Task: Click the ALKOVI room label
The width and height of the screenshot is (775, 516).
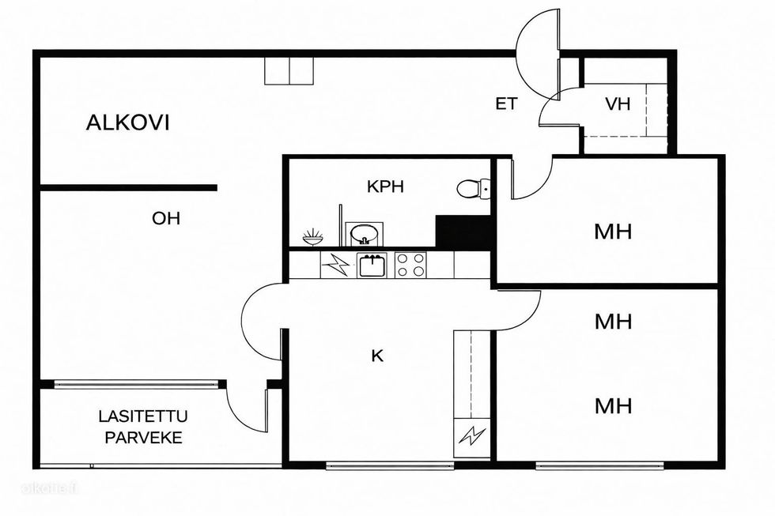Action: (x=127, y=122)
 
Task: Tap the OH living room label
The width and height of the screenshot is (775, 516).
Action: (x=166, y=218)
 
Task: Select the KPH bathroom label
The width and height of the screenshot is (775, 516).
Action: (x=386, y=186)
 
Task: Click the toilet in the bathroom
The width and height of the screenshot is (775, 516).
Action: (x=473, y=189)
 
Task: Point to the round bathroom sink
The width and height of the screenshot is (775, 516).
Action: (x=365, y=234)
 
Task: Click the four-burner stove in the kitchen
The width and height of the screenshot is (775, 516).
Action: (x=410, y=265)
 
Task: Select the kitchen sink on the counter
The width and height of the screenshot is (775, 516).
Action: (x=372, y=265)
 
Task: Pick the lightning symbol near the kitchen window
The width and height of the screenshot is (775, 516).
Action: (x=471, y=437)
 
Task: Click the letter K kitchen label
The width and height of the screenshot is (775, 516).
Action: (x=377, y=356)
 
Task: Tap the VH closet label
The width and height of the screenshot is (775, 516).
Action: (x=618, y=104)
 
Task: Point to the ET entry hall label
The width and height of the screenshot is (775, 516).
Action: (x=507, y=104)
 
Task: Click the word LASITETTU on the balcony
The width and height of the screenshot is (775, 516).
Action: (x=143, y=416)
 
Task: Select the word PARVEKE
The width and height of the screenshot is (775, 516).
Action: (x=144, y=438)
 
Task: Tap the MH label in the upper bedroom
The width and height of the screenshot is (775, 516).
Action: (x=613, y=232)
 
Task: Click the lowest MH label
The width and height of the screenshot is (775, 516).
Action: (x=613, y=406)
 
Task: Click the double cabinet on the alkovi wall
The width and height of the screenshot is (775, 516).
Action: (x=289, y=71)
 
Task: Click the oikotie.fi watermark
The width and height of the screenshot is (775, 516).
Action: (x=49, y=488)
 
